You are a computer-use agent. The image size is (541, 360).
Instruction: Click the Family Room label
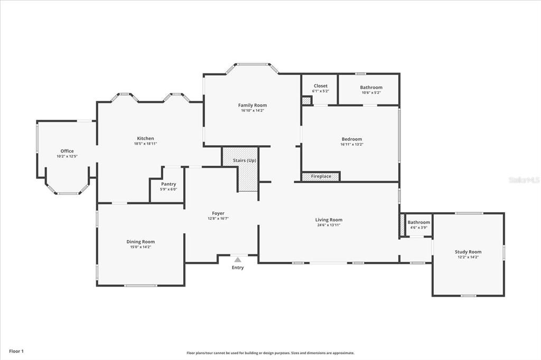click(x=252, y=105)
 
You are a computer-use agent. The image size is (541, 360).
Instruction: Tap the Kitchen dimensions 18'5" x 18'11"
click(x=145, y=144)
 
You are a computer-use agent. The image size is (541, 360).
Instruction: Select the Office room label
click(x=67, y=151)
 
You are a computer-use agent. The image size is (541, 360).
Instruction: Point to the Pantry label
click(x=169, y=184)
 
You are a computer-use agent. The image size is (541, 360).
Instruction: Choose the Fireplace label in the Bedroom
click(x=321, y=176)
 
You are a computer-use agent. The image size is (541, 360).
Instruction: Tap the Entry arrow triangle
click(x=238, y=259)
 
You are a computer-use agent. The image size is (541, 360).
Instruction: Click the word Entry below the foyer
click(x=238, y=268)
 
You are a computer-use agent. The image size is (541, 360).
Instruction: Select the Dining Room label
click(x=141, y=241)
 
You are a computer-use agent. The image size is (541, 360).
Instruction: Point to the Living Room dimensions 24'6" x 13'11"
click(x=329, y=225)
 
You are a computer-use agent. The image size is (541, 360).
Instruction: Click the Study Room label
click(x=468, y=252)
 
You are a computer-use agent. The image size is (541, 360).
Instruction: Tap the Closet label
click(x=320, y=86)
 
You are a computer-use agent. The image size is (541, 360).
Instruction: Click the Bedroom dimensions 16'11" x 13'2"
click(x=352, y=144)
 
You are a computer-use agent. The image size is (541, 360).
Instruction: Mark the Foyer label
click(x=218, y=213)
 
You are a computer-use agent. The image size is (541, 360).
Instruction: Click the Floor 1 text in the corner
click(x=16, y=351)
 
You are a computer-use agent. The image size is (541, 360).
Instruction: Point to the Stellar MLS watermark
click(x=524, y=180)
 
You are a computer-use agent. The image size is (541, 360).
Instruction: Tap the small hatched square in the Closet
click(x=306, y=100)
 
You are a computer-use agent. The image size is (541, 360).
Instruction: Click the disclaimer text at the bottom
click(x=270, y=353)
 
